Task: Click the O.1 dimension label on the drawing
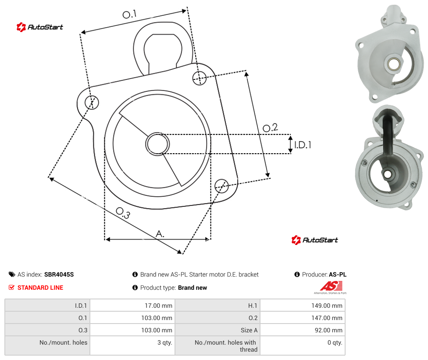point(129,14)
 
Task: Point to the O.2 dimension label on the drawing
point(270,128)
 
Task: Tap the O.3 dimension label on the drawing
point(123,213)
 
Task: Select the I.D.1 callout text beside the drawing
point(303,145)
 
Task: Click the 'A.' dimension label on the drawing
point(160,234)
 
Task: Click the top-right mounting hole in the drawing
point(200,78)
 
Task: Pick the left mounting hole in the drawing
point(92,102)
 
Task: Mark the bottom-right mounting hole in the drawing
point(221,186)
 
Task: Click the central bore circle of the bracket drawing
point(157,144)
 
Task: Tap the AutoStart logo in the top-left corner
point(40,27)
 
